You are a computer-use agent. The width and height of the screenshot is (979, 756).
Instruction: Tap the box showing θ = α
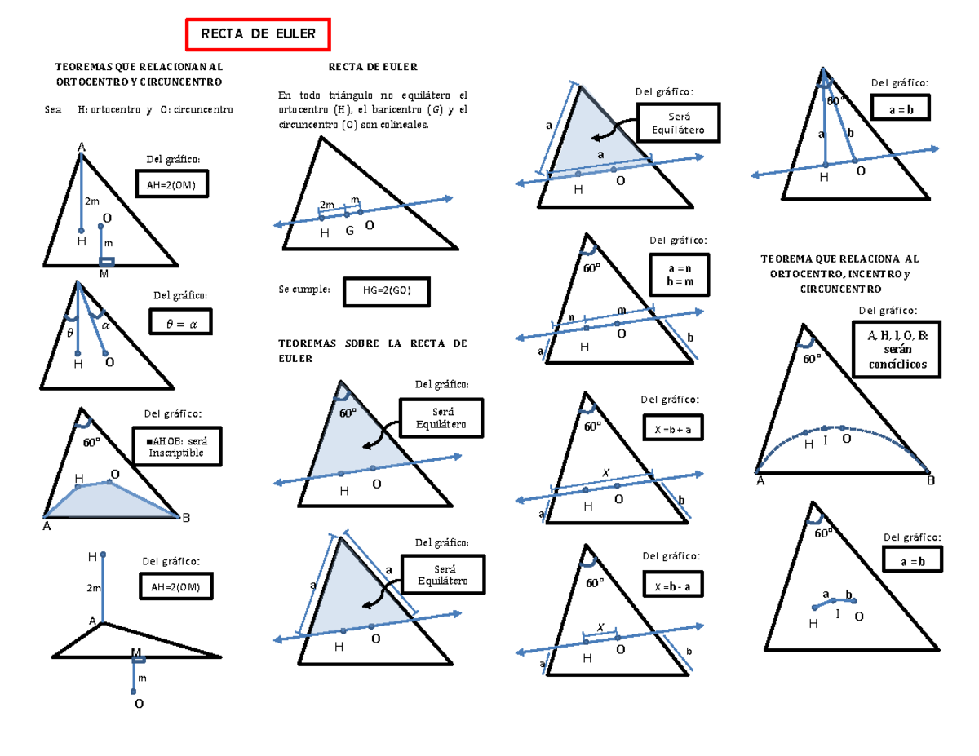181,323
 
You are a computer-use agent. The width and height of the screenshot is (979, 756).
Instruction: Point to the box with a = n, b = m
679,273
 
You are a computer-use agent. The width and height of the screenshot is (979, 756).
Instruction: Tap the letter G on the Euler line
349,232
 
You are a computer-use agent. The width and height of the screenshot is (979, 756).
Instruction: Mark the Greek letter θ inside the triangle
69,333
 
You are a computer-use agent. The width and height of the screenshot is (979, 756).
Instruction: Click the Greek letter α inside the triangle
104,325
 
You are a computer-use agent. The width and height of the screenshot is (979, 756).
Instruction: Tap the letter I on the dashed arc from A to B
826,440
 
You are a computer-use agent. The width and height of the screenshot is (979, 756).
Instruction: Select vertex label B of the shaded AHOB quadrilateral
186,518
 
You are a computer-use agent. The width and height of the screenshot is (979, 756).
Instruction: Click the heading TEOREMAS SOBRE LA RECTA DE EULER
373,350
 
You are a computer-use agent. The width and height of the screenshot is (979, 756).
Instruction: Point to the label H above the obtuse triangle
92,556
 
